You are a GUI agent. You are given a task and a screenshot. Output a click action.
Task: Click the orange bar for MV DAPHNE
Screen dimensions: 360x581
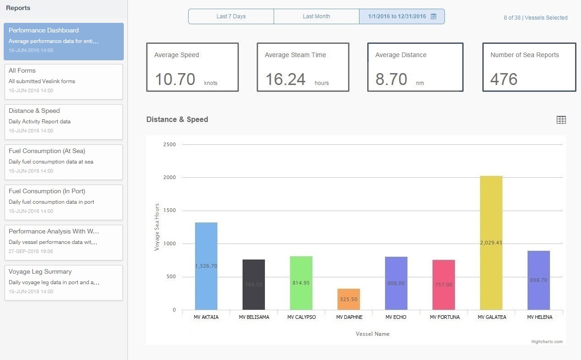point(349,299)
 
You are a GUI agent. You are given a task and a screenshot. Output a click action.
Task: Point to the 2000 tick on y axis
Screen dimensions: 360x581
point(170,177)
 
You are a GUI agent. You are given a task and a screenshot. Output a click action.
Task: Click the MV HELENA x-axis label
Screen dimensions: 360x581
point(539,317)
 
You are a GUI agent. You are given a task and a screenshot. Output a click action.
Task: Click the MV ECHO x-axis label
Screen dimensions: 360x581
point(396,317)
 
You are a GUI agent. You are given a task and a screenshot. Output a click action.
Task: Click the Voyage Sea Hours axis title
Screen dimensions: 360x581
point(157,227)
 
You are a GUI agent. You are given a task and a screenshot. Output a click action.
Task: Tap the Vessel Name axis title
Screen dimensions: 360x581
point(372,334)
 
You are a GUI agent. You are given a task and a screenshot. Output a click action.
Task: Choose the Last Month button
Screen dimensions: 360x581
point(316,16)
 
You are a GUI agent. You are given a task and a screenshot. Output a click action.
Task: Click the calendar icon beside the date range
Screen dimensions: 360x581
point(433,16)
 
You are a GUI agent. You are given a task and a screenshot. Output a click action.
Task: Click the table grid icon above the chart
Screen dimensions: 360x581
point(561,120)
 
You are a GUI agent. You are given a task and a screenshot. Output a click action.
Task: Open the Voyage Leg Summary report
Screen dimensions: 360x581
point(63,282)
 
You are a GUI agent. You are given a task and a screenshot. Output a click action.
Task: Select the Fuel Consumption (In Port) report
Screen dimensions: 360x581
point(63,202)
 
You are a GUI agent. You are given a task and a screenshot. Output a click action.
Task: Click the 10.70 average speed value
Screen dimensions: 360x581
point(175,79)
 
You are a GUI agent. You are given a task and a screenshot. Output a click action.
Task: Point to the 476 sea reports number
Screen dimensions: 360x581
point(504,79)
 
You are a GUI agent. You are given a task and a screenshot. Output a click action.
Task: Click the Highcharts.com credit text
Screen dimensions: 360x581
point(547,341)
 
